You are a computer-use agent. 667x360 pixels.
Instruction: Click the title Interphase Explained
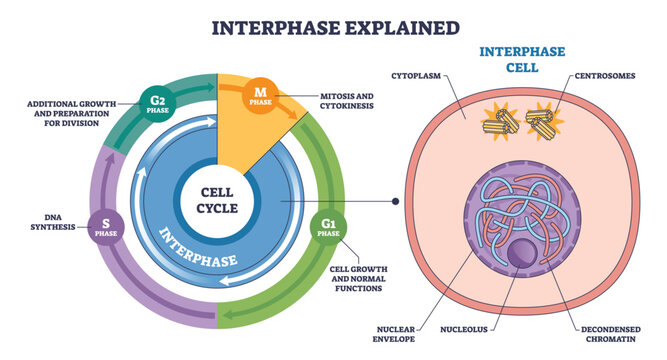pos(332,25)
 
